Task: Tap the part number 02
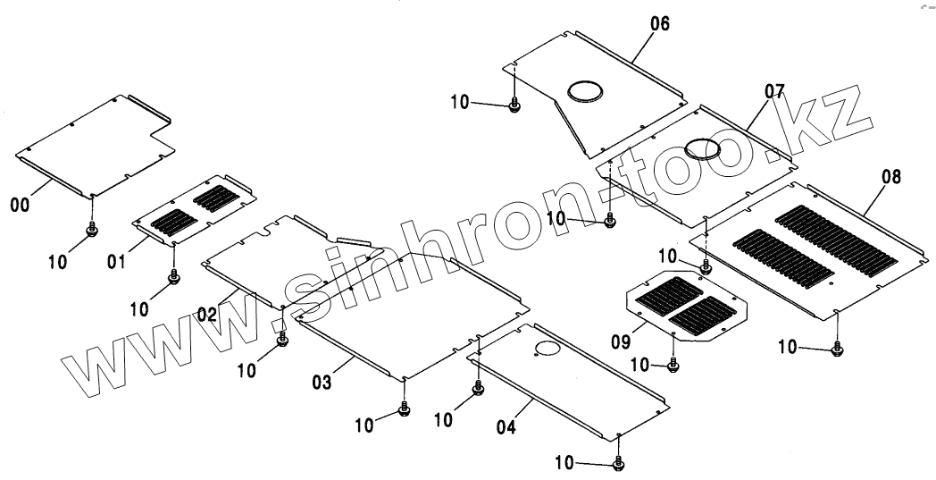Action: point(207,315)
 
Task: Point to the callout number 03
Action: point(322,383)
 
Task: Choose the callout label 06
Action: point(659,24)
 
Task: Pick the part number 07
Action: point(773,90)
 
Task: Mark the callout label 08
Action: point(891,178)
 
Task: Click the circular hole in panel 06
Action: point(583,90)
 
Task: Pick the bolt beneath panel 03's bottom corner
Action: point(405,411)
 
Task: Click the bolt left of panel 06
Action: point(514,105)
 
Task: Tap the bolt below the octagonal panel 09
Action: point(673,365)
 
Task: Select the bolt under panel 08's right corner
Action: point(837,349)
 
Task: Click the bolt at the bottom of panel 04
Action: point(619,463)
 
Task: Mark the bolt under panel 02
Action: point(283,341)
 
